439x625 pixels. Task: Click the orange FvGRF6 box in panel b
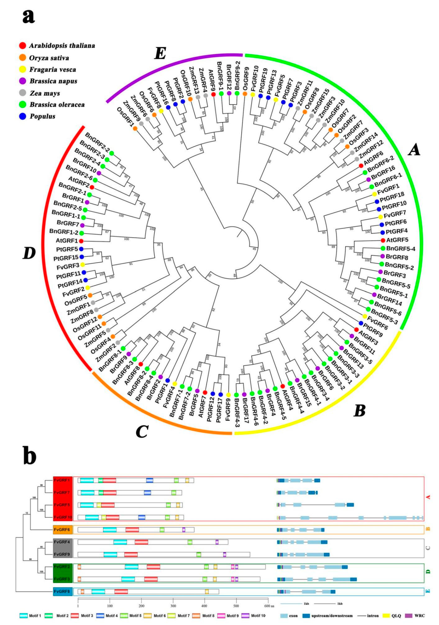click(63, 529)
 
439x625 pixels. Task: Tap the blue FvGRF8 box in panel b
click(63, 592)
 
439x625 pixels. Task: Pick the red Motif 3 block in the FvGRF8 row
click(121, 592)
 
